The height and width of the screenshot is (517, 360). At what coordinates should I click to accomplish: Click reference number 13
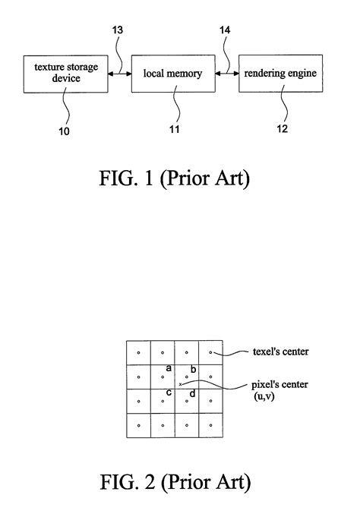118,30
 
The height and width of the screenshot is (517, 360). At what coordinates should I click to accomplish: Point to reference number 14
225,30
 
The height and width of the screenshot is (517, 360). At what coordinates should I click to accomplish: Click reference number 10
64,131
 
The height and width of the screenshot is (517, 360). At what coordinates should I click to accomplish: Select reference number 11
174,129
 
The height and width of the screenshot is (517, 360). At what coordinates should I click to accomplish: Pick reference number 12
282,128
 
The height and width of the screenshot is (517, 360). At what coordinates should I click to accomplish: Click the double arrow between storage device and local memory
120,74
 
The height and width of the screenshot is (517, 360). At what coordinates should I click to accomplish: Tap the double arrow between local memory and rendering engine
227,74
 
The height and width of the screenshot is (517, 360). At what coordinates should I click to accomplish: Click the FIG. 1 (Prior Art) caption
174,178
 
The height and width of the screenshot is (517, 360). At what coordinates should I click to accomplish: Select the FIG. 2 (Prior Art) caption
175,482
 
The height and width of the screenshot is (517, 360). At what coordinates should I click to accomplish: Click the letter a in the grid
169,368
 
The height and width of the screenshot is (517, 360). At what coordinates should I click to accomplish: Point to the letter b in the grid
194,369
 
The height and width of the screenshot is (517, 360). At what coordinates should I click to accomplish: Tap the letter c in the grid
169,392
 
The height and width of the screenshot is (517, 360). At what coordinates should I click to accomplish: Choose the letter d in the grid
192,393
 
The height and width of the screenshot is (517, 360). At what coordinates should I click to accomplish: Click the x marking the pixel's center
180,384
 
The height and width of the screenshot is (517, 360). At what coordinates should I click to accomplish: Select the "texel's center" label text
281,351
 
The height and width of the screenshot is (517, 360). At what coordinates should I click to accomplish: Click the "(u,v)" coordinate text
264,396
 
